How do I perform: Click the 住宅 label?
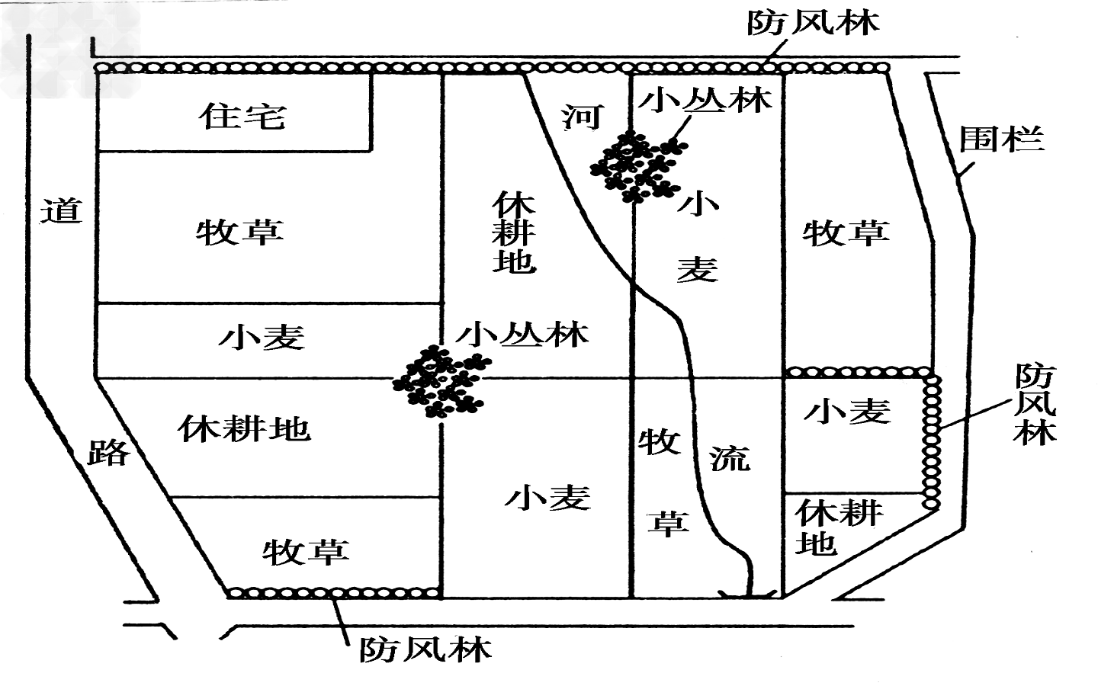click(242, 117)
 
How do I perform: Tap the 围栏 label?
click(1000, 139)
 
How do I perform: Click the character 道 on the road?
click(61, 210)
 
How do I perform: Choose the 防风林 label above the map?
click(812, 23)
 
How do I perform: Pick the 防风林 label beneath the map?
click(425, 649)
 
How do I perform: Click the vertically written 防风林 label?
click(1035, 404)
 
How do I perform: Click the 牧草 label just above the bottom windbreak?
click(306, 551)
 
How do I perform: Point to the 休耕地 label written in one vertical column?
click(513, 232)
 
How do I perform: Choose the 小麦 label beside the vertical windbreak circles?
click(847, 412)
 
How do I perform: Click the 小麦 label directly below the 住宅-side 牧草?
click(262, 337)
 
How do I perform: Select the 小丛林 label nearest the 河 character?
click(705, 100)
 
